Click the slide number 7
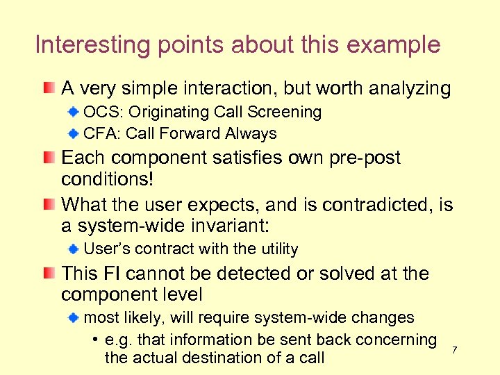pos(455,349)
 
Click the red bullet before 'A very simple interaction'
pos(47,88)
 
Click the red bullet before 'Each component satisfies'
pos(47,158)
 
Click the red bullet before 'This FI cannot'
pos(47,274)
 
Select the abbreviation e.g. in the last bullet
pos(119,340)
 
